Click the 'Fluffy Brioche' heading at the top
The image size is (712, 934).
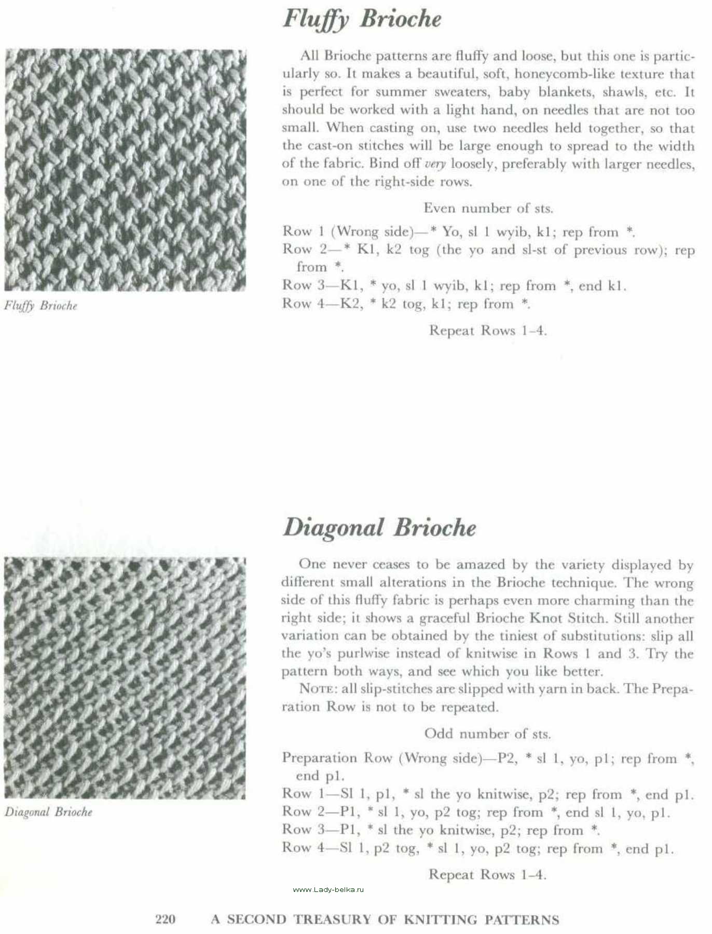tap(362, 19)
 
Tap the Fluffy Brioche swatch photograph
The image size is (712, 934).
tap(125, 170)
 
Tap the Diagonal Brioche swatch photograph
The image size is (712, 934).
tap(125, 678)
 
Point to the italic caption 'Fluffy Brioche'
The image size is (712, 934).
tap(40, 306)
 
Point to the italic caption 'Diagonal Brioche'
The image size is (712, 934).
tap(48, 812)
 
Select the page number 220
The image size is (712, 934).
tap(166, 919)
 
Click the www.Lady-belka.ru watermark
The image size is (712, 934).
tap(328, 890)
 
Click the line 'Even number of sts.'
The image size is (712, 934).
tap(488, 208)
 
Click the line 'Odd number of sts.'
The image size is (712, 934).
tap(487, 734)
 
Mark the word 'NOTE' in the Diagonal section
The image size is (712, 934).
tap(316, 689)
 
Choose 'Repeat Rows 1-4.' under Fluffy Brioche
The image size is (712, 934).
tap(488, 331)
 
